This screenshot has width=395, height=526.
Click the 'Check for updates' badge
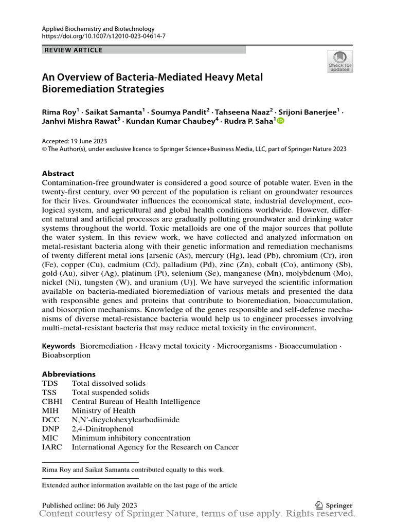tap(340, 62)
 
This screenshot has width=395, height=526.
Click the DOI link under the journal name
tap(103, 37)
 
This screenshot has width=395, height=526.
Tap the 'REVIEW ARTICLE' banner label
tap(74, 50)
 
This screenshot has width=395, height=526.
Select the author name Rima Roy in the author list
tap(58, 111)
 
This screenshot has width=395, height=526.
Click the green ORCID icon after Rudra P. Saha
tap(281, 121)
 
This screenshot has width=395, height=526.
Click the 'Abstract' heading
tap(58, 174)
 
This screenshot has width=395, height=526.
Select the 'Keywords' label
tap(59, 346)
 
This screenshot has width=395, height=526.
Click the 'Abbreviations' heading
tap(68, 374)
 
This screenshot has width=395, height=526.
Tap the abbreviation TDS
tap(50, 383)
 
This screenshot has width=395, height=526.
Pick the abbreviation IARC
tap(52, 447)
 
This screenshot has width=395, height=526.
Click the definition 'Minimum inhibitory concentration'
tap(131, 438)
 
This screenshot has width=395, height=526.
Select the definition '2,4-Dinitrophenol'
tap(102, 429)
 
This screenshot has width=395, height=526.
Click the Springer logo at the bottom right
tap(333, 505)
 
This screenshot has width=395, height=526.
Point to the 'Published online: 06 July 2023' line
tap(89, 505)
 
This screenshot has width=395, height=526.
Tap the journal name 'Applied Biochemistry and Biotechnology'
tap(98, 29)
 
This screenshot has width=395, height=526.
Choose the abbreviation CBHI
tap(51, 402)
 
